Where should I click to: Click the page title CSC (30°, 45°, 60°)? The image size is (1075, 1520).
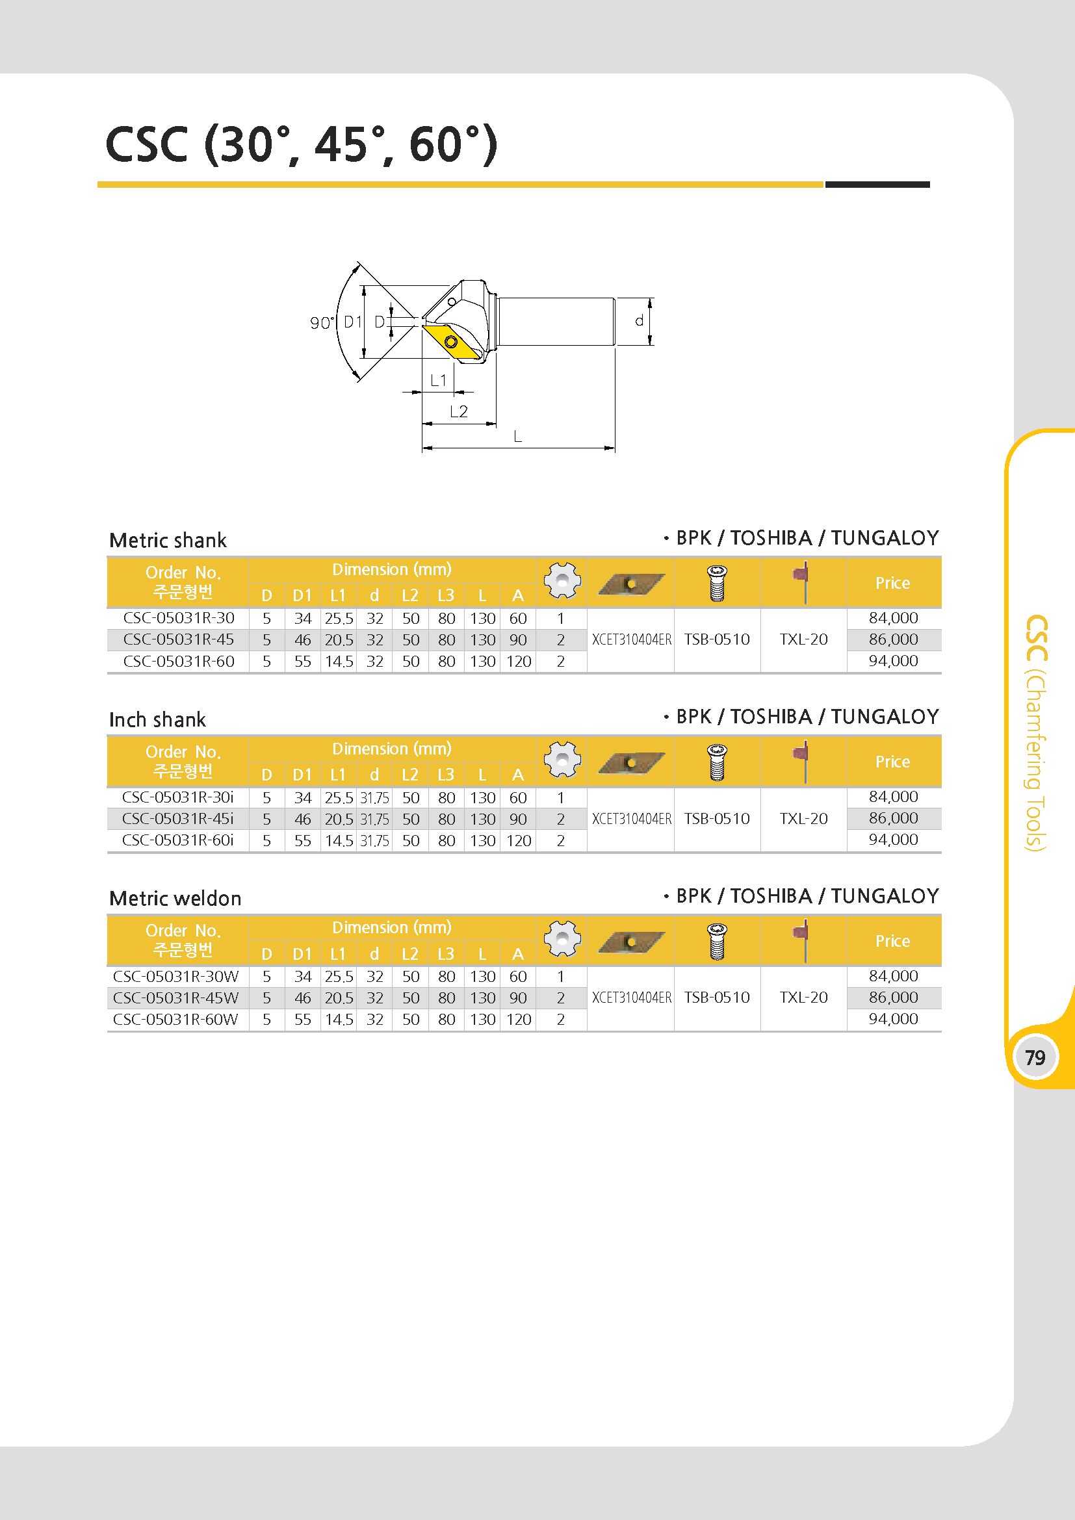(301, 144)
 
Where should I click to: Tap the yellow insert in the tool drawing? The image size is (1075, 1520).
(452, 342)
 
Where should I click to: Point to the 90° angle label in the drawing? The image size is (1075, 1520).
(322, 322)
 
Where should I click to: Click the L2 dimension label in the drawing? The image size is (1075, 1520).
(459, 411)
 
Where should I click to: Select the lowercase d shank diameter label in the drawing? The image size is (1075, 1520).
(639, 320)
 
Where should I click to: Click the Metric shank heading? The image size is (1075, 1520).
(168, 540)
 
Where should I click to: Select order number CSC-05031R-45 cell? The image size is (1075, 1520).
(179, 639)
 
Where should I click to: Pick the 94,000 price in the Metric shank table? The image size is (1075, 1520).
(893, 661)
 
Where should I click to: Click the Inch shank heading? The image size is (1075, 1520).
(157, 719)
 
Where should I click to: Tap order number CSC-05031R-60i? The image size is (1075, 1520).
(178, 840)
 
